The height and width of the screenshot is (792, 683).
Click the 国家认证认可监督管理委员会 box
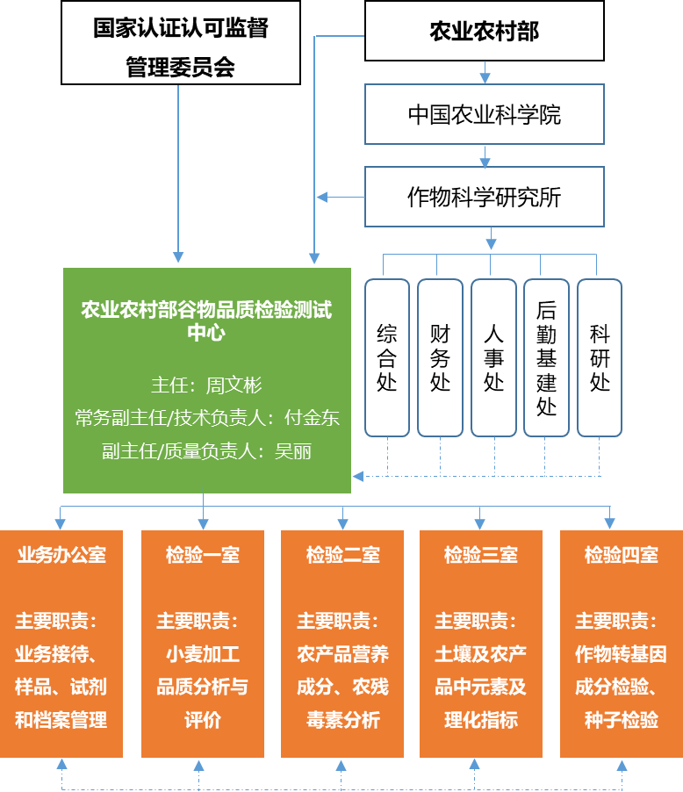coord(181,43)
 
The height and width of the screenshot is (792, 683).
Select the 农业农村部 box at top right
coord(484,32)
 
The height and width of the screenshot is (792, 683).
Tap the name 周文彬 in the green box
coord(234,385)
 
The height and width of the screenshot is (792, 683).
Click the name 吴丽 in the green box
coord(293,451)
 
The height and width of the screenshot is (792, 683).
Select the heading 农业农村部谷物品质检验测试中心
coord(207,321)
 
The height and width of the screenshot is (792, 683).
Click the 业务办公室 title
coord(61,555)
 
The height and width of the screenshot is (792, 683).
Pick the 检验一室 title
coord(203,555)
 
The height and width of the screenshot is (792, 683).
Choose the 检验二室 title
coord(342,555)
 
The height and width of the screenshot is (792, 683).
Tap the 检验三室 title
coord(481,555)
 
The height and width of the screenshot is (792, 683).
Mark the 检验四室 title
coord(622,555)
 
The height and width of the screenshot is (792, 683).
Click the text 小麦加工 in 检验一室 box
coord(203,654)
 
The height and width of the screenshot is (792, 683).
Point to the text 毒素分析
coord(342,720)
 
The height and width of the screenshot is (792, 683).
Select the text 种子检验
coord(622,720)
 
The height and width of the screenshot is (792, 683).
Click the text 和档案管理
coord(61,720)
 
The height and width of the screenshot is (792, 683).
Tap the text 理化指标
coord(481,720)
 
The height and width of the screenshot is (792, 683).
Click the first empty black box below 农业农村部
coord(485,113)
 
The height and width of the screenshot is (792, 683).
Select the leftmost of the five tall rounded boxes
coord(387,357)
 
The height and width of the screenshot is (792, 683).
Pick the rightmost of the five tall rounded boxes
coord(600,357)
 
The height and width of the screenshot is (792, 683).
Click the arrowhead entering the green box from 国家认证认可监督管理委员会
coord(179,257)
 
